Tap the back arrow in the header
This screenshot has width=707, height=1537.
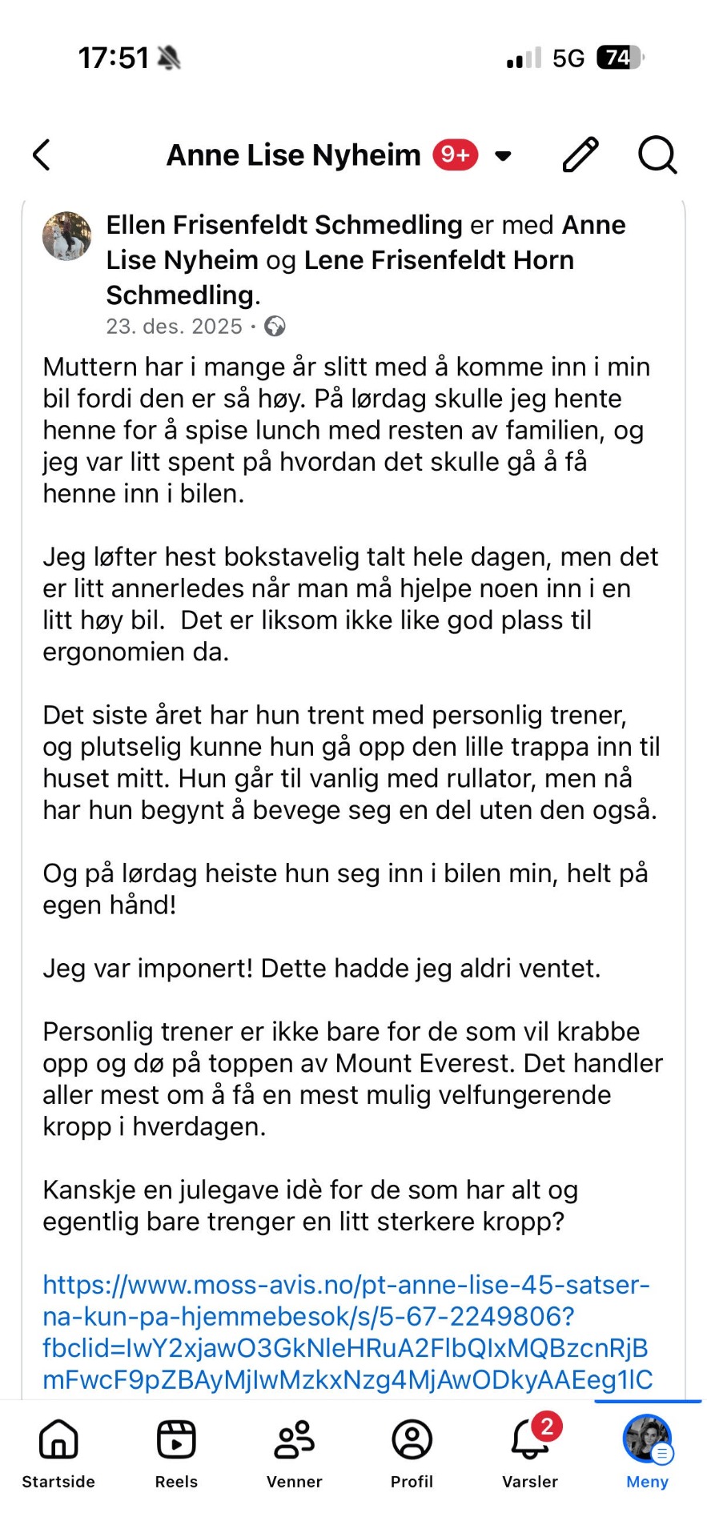tap(42, 155)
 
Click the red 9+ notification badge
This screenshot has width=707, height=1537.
tap(456, 155)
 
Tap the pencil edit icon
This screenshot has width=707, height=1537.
tap(580, 155)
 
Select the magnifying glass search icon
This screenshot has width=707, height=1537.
tap(657, 155)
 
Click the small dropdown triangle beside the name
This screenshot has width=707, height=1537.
tap(503, 155)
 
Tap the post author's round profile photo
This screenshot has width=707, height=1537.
tap(66, 236)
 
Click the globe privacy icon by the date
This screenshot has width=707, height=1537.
tap(275, 327)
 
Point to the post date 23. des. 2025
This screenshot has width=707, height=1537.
tap(174, 327)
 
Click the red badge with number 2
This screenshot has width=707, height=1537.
tap(547, 1426)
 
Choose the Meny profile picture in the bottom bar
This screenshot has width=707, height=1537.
tap(647, 1439)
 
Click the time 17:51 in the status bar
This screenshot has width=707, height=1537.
tap(113, 58)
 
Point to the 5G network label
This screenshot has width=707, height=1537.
tap(568, 58)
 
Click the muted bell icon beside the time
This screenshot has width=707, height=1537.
tap(169, 58)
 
